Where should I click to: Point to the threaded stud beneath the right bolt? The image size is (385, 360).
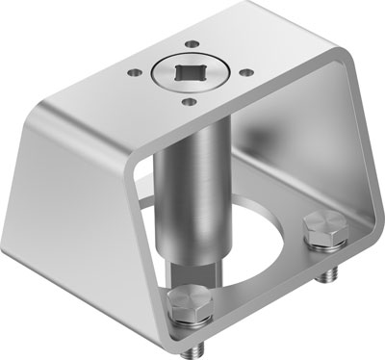(x=328, y=275)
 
